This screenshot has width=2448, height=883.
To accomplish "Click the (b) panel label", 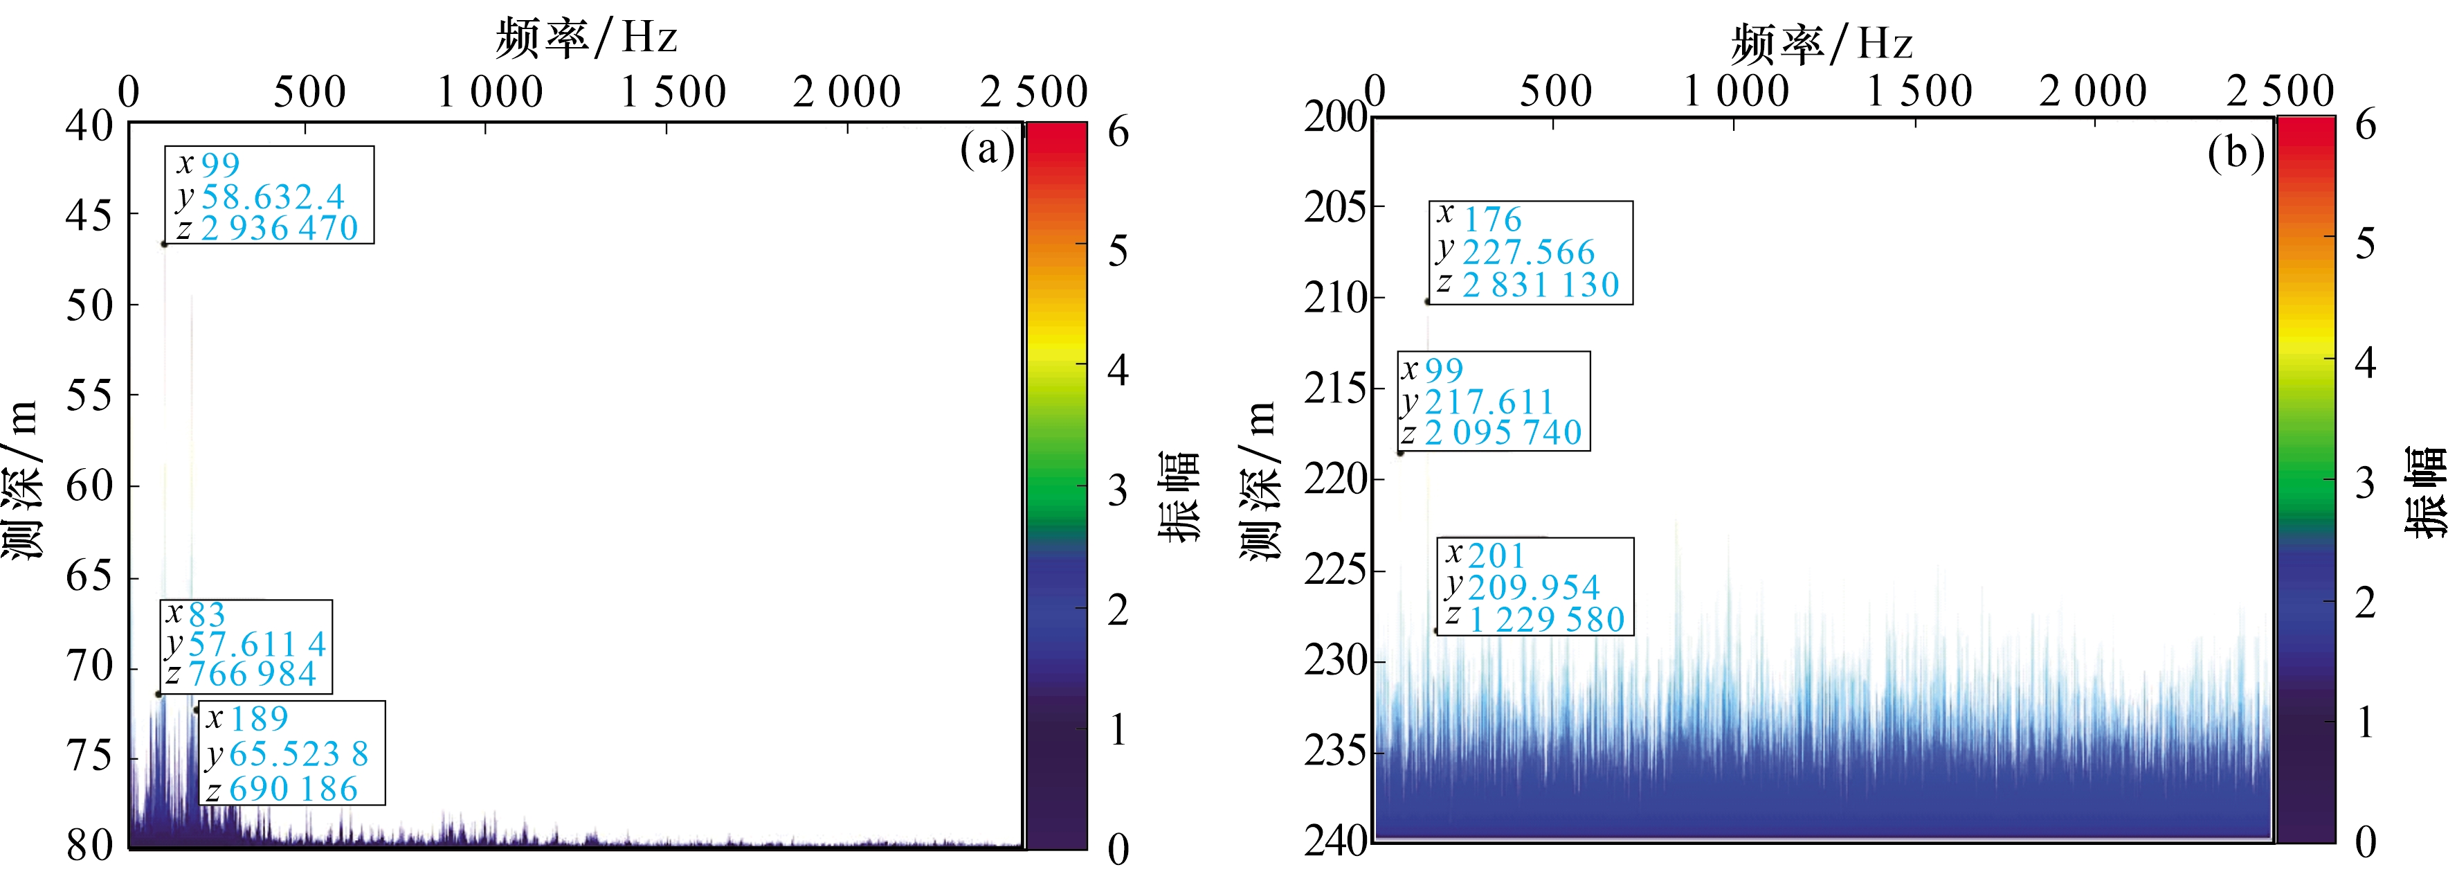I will pos(2235,152).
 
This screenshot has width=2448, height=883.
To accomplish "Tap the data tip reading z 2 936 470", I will pos(269,195).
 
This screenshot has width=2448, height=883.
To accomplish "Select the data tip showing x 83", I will pos(246,645).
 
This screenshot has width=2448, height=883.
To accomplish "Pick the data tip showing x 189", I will pos(292,753).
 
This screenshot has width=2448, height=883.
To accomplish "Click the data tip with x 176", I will pos(1531,252).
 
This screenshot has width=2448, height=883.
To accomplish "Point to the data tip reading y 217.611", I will pos(1493,401).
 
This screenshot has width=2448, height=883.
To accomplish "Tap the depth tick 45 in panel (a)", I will pos(89,216).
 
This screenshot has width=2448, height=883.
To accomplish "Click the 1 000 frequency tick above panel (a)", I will pos(490,92).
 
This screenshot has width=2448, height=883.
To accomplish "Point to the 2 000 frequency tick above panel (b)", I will pos(2092,91).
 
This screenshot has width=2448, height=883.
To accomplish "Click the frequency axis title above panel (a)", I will pos(586,38).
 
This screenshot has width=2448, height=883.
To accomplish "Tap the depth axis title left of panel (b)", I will pos(1259,480).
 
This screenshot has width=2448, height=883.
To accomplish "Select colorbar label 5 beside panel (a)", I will pos(1118,251).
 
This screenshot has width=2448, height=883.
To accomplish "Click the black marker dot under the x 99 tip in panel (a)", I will pos(165,244).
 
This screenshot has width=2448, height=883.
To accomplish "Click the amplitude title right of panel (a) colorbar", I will pos(1179,495).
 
